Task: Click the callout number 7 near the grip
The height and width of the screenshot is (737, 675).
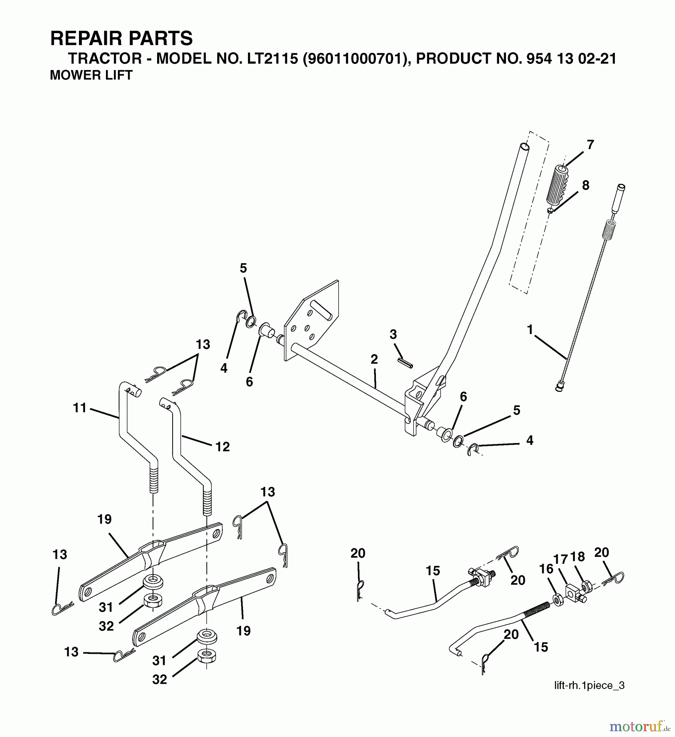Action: tap(590, 145)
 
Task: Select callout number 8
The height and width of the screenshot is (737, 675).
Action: tap(585, 185)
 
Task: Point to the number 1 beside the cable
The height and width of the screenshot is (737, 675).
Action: tap(531, 329)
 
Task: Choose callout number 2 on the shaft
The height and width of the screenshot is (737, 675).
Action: tap(374, 359)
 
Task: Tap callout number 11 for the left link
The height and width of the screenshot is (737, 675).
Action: tap(80, 408)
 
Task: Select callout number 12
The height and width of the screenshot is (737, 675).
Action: tap(223, 447)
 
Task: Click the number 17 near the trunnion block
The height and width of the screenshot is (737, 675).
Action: tap(561, 559)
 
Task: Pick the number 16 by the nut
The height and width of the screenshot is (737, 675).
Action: tap(546, 569)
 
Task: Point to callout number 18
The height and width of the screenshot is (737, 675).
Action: tap(578, 557)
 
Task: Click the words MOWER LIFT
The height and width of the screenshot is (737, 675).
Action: tap(91, 75)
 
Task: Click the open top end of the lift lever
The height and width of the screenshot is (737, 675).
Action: tap(524, 146)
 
